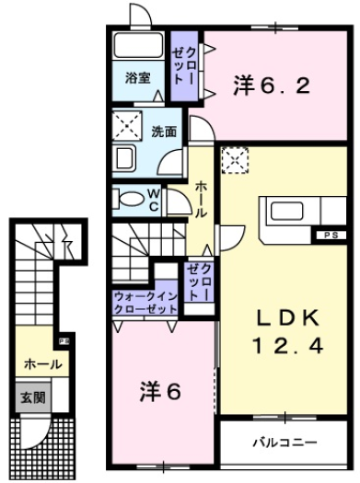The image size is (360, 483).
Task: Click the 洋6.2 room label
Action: [x=264, y=88]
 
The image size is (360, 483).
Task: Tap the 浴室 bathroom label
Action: [x=137, y=79]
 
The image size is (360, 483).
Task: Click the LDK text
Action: [x=287, y=319]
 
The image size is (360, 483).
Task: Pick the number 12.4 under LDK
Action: [x=287, y=350]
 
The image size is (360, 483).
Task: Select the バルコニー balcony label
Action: [x=285, y=443]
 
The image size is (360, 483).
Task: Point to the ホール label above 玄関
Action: [x=43, y=364]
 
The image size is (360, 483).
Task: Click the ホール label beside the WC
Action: [x=202, y=199]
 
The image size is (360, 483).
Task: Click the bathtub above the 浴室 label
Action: [x=139, y=47]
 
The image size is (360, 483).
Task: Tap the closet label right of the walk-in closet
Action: [x=198, y=283]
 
